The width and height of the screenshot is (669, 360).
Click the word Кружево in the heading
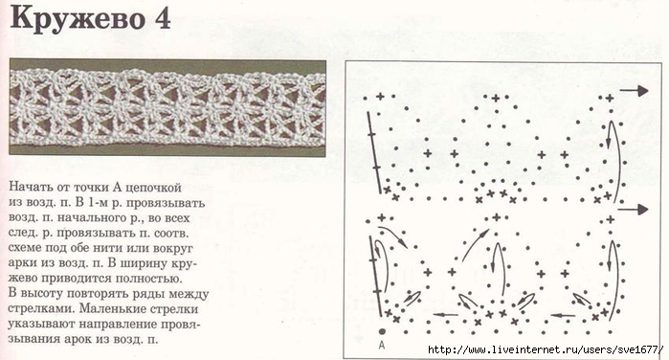[77, 20]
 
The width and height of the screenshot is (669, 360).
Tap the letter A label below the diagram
[382, 345]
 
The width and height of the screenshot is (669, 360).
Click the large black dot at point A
[382, 331]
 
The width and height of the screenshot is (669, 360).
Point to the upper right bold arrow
[634, 91]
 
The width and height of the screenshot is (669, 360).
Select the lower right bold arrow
[634, 210]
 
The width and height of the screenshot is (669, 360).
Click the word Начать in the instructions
[29, 187]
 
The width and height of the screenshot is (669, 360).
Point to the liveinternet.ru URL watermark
[546, 350]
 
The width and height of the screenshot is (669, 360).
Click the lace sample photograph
[167, 107]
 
